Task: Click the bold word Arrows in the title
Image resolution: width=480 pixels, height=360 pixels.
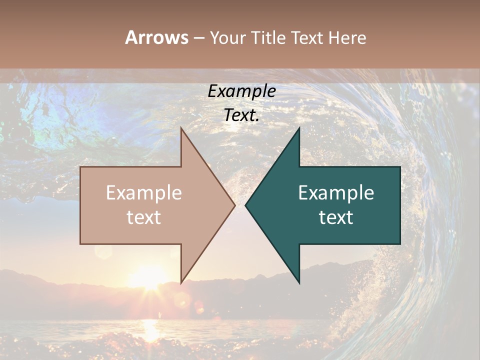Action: click(156, 37)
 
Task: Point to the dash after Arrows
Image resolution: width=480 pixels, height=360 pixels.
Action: click(198, 38)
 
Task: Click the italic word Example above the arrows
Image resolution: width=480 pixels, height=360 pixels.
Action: click(241, 91)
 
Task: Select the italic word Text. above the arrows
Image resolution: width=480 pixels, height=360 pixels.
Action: click(241, 115)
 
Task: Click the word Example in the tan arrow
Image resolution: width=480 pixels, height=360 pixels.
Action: click(143, 193)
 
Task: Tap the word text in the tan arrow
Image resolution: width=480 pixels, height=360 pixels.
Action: click(143, 217)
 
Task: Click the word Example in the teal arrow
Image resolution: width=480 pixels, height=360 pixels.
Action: click(336, 193)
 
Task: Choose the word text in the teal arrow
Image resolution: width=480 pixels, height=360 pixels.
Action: click(336, 217)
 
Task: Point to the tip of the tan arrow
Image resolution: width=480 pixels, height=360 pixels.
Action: click(233, 205)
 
